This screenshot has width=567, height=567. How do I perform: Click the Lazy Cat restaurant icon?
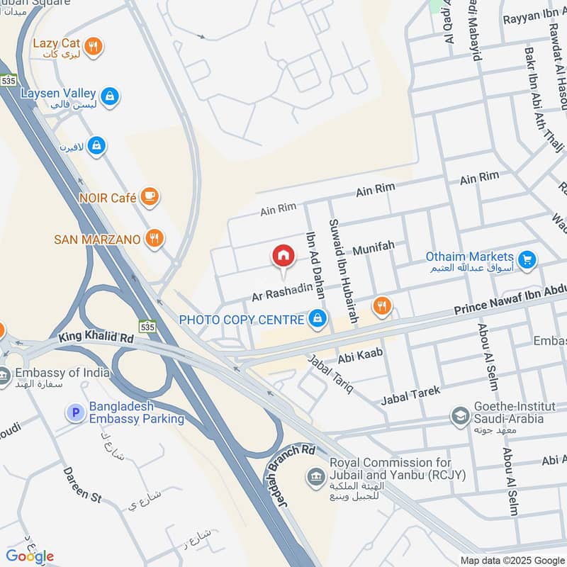point(93,47)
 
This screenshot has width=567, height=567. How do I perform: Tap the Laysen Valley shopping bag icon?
point(109,96)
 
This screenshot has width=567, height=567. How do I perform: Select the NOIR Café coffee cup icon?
point(149,198)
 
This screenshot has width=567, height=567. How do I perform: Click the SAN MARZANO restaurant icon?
point(155,239)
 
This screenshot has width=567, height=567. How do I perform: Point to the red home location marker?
point(283,256)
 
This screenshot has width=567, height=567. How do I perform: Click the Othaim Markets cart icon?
point(526,261)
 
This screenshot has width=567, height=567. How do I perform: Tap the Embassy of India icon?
point(4,377)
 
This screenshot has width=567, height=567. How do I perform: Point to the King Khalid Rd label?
point(96,339)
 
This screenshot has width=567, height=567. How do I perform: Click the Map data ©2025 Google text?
point(512,561)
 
